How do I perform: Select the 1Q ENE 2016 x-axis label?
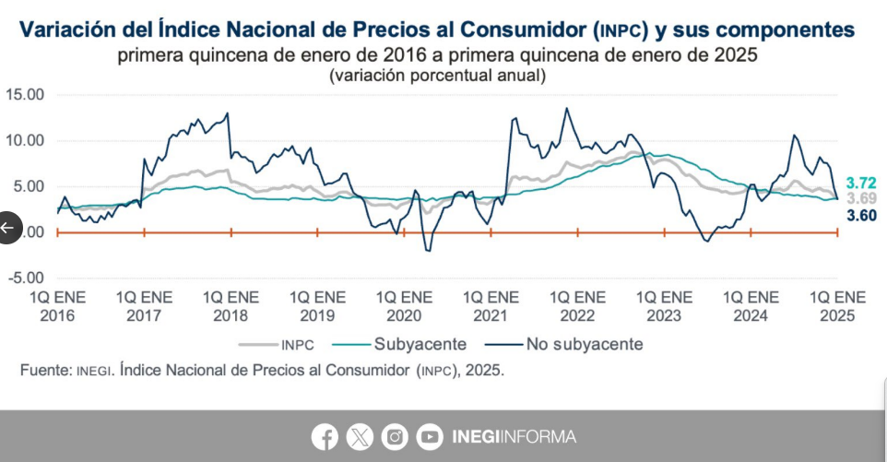click(57, 306)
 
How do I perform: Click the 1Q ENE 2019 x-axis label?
click(317, 306)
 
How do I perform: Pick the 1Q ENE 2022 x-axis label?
click(577, 306)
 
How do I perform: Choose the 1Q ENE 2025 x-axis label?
click(837, 306)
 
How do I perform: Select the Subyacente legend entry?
click(420, 345)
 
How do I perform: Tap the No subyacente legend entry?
click(584, 345)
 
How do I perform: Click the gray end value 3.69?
click(861, 198)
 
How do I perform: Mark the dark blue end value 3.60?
click(861, 215)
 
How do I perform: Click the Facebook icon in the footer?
click(325, 436)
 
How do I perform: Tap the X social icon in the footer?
click(360, 436)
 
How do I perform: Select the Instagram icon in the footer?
click(395, 436)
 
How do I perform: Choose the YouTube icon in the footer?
click(430, 436)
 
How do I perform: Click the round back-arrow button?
click(7, 227)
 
